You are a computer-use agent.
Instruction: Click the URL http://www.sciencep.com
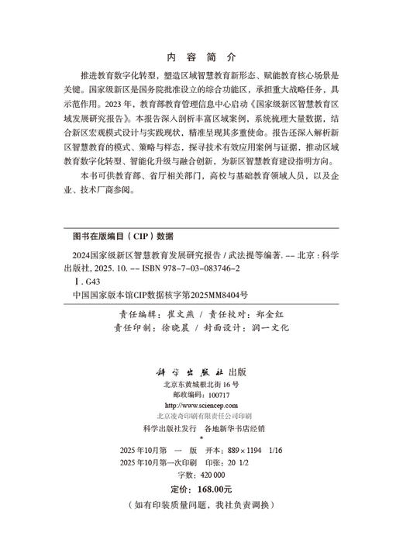[x=201, y=405]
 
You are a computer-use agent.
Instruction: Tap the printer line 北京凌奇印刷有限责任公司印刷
[x=201, y=416]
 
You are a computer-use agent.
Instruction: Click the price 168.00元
[x=212, y=489]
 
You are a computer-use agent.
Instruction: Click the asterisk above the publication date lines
[x=201, y=438]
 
